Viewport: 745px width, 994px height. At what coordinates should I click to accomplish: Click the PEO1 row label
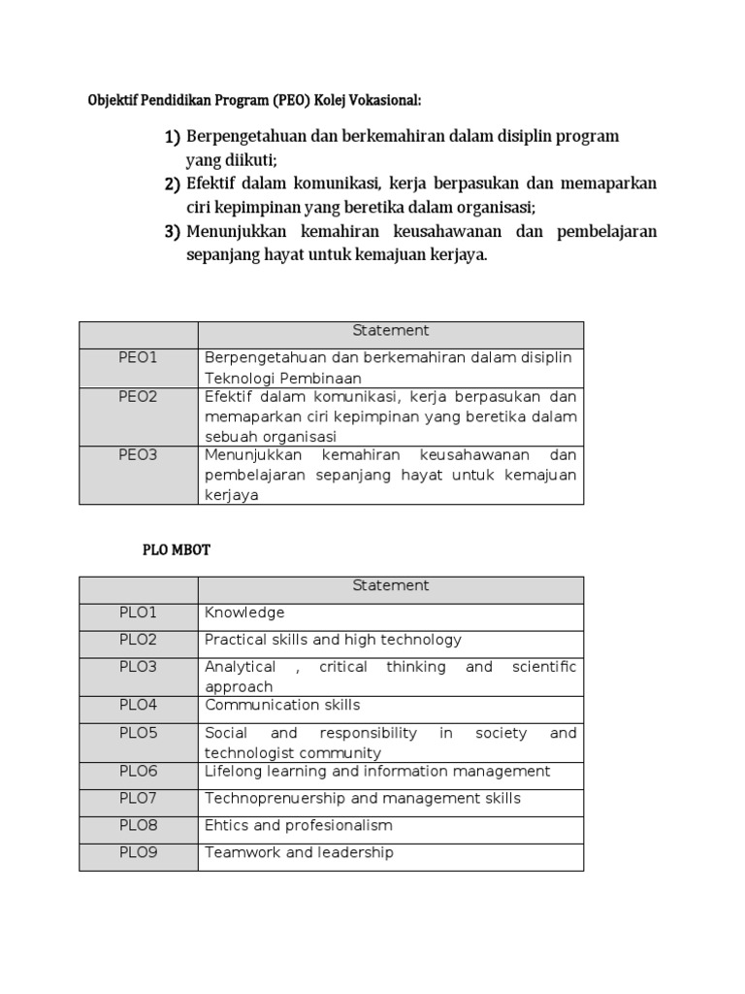tap(138, 358)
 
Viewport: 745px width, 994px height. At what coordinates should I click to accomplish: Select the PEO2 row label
tap(138, 397)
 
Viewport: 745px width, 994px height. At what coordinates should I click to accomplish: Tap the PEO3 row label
tap(138, 455)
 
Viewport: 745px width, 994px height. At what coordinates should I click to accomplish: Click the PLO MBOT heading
tap(176, 549)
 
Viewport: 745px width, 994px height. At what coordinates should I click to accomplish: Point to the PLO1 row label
tap(138, 613)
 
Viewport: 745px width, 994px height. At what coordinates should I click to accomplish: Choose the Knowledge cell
tap(244, 613)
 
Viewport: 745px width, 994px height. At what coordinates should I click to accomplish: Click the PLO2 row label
tap(138, 640)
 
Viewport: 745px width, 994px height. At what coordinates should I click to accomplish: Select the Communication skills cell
tap(282, 705)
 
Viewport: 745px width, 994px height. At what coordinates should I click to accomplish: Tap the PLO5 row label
tap(138, 733)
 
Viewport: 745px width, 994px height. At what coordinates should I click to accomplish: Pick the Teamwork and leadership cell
tap(299, 852)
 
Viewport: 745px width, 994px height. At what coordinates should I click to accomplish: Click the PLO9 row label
tap(138, 852)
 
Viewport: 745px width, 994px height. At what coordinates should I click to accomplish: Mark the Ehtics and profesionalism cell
tap(298, 825)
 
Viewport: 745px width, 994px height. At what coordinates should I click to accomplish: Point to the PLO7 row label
tap(138, 798)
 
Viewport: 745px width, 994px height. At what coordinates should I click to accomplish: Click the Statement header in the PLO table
tap(390, 585)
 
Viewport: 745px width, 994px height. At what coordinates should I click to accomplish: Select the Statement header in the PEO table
tap(390, 331)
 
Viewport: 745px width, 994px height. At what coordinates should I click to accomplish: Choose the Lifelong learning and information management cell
tap(377, 771)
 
